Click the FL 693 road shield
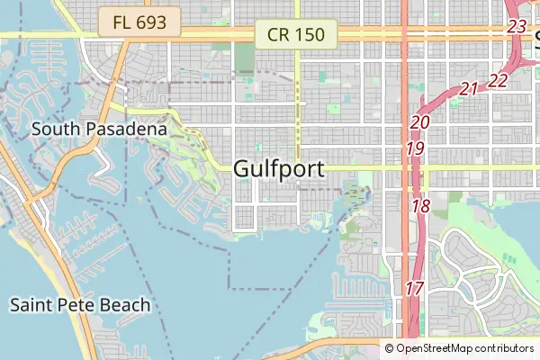(x=140, y=22)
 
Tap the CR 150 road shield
(x=295, y=35)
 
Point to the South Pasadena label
(x=99, y=129)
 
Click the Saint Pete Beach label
(x=80, y=305)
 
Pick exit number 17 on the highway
(x=414, y=289)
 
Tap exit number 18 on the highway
(x=421, y=206)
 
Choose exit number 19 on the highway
(x=415, y=148)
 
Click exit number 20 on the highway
(x=420, y=122)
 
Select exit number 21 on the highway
(x=469, y=88)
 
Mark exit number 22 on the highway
(x=499, y=81)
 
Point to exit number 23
(x=517, y=26)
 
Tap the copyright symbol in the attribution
(x=390, y=348)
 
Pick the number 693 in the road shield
(x=152, y=22)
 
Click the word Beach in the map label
(x=127, y=305)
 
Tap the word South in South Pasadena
(x=51, y=129)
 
